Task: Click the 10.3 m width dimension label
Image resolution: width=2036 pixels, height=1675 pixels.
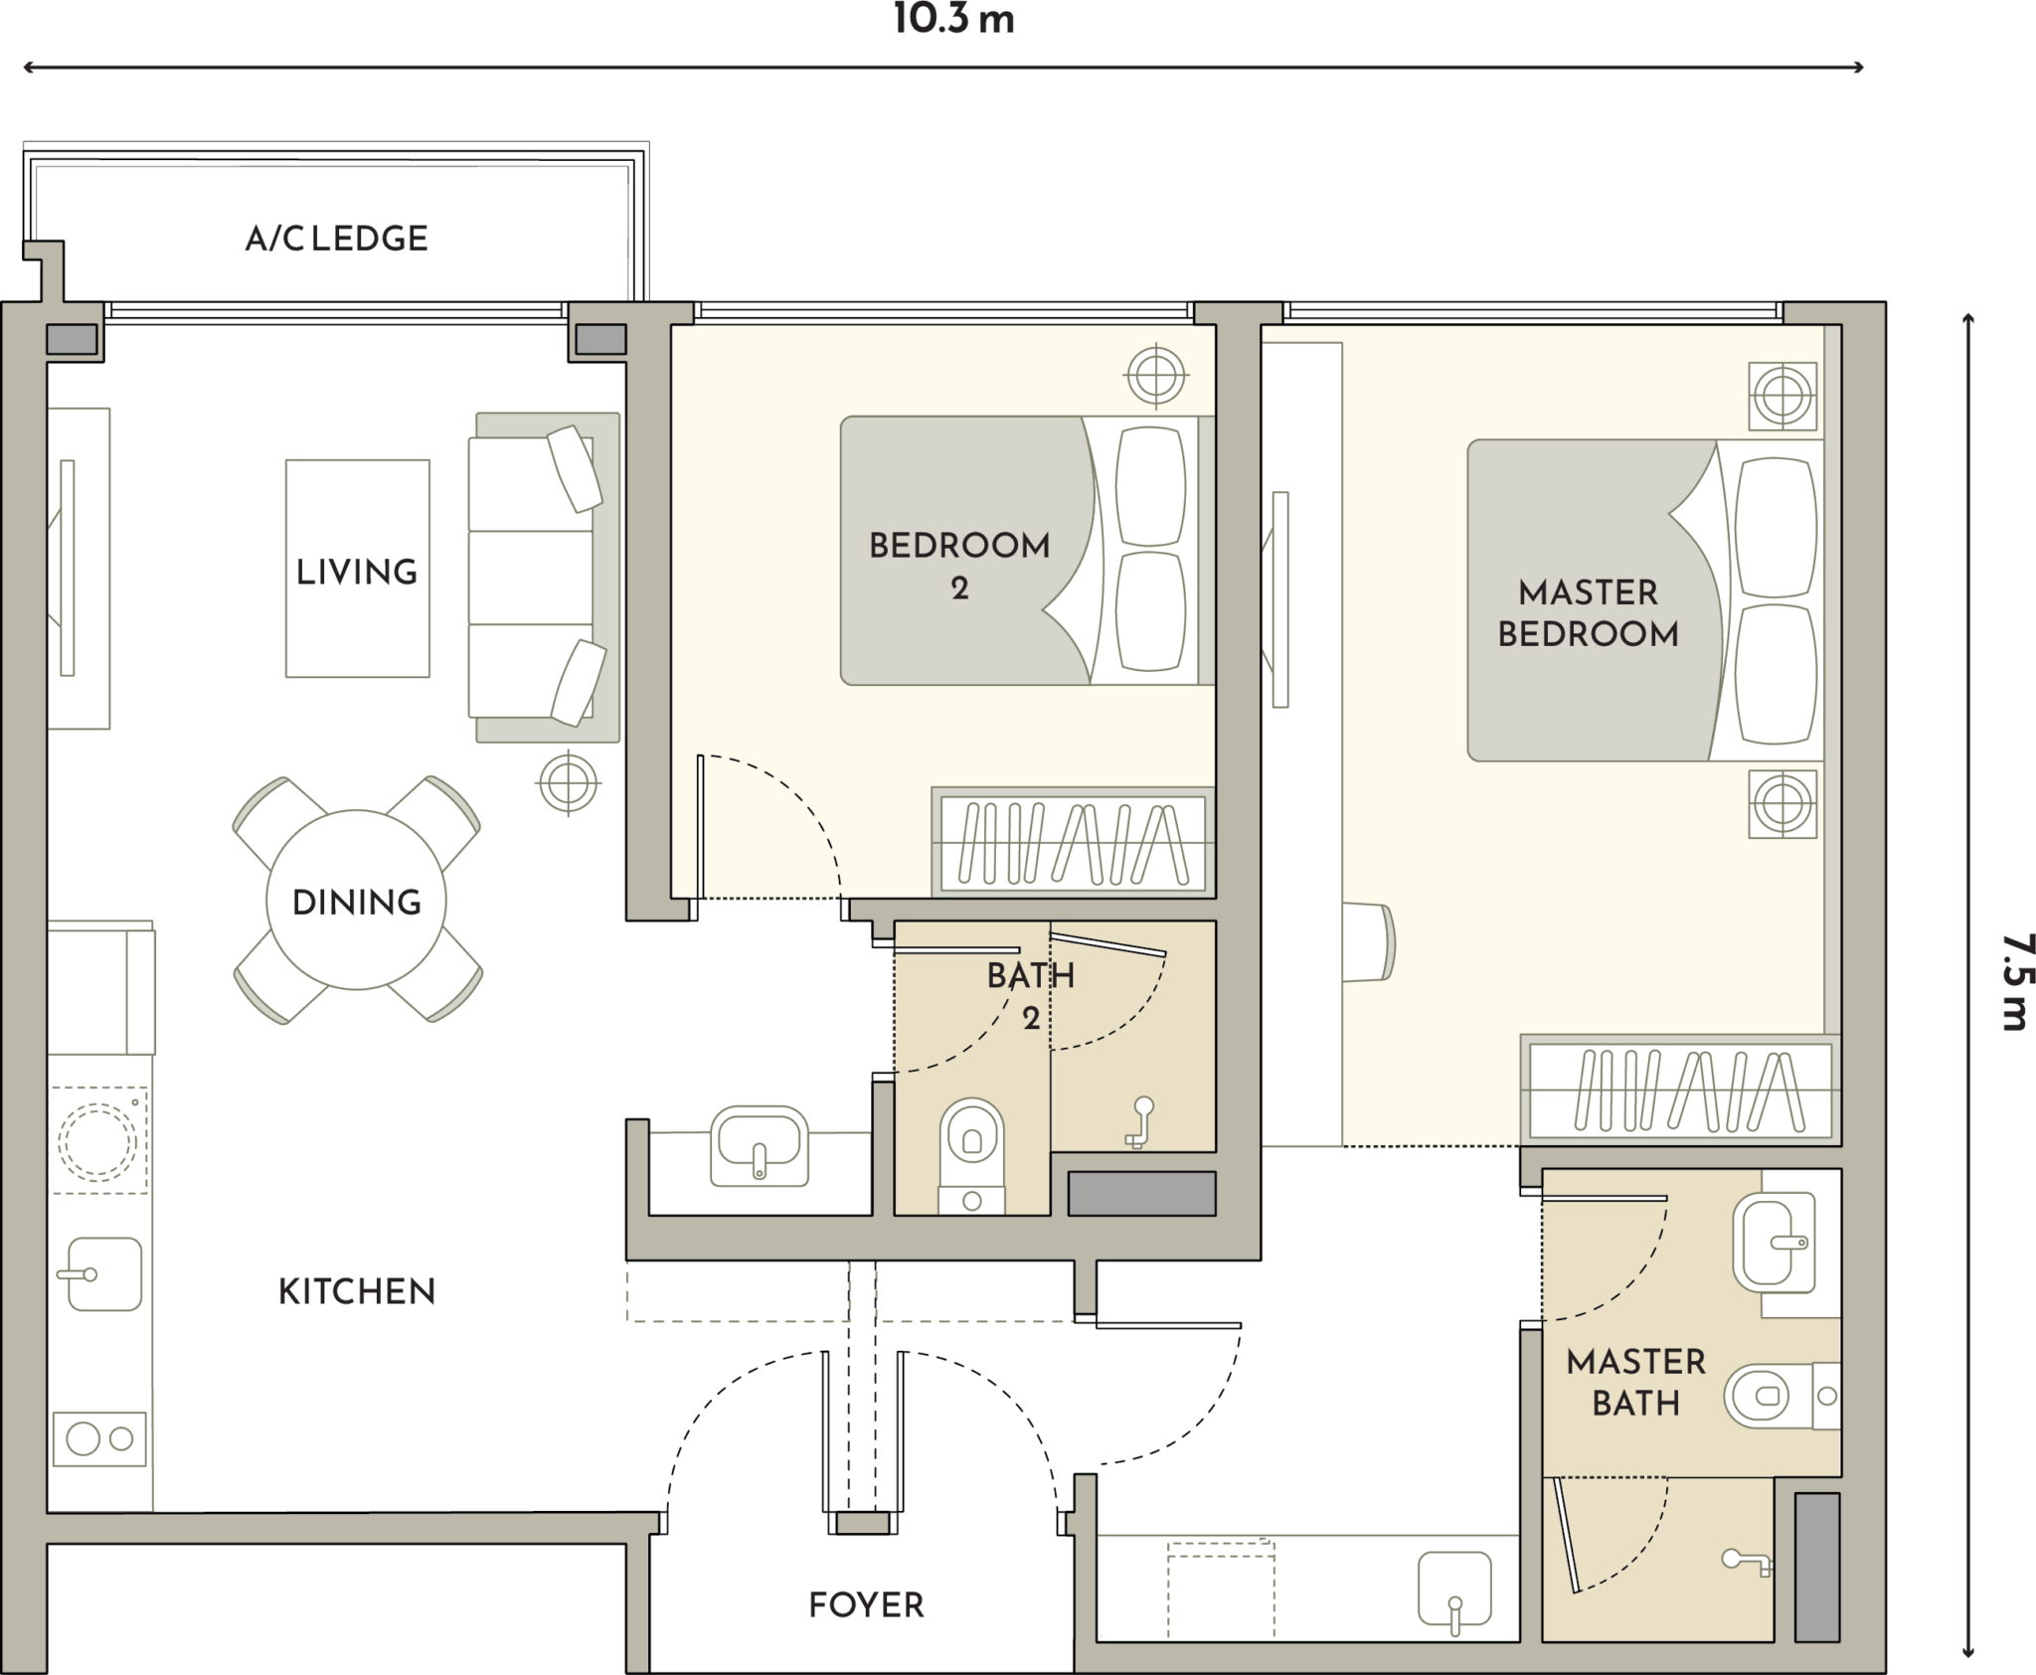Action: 953,19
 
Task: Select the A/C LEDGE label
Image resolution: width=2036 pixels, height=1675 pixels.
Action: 337,239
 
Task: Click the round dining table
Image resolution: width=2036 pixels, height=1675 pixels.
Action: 356,901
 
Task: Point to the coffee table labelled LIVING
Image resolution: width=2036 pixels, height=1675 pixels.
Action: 358,569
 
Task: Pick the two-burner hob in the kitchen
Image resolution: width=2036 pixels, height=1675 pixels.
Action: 99,1438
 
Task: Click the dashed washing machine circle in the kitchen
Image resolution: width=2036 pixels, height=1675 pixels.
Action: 97,1141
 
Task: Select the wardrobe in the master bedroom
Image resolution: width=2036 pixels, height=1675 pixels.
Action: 1680,1090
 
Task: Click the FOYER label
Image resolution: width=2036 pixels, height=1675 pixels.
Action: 866,1604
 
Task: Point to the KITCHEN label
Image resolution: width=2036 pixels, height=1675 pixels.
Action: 357,1291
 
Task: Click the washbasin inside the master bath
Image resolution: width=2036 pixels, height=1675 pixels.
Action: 1774,1244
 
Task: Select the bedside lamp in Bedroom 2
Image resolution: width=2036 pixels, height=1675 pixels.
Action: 1155,376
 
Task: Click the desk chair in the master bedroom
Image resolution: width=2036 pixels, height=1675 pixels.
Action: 1369,942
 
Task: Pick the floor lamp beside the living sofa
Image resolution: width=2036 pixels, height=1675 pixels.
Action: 568,783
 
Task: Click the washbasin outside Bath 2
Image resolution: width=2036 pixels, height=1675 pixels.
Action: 760,1146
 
